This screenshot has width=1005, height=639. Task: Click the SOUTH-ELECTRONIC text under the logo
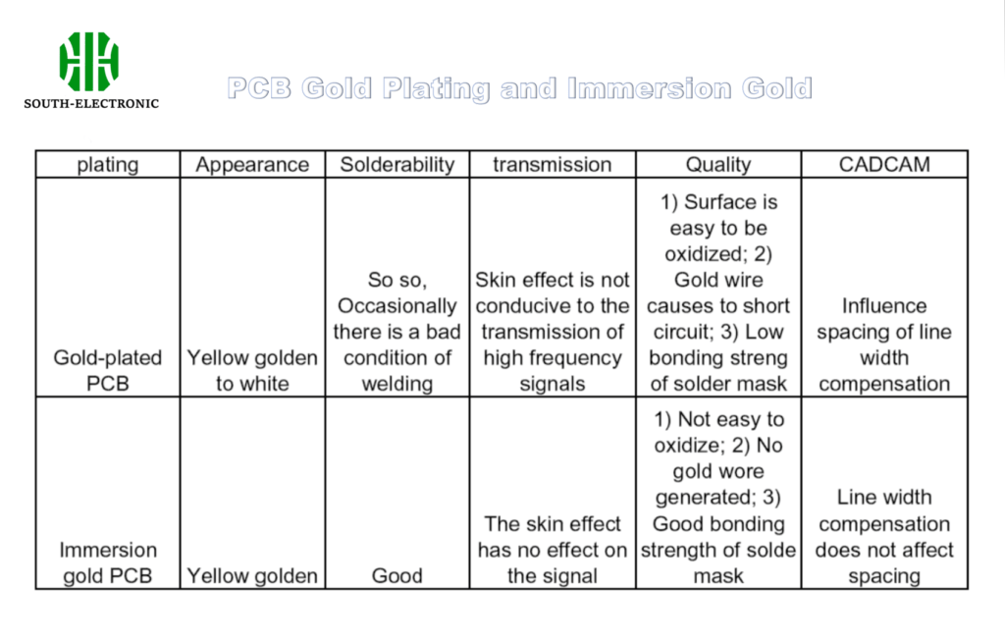[x=91, y=103]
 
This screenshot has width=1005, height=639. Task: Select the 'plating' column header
[x=108, y=165]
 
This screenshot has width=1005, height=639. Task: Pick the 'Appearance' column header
[x=252, y=165]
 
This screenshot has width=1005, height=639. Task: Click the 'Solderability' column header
[x=397, y=165]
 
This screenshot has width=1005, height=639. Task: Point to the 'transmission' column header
[x=552, y=165]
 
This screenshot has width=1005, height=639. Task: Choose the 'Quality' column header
[x=718, y=165]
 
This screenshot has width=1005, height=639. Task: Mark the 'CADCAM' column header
[x=884, y=165]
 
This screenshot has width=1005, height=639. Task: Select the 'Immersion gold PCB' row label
[x=108, y=562]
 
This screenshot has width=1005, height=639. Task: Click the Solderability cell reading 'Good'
[x=397, y=576]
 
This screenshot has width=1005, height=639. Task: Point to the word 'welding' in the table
[x=397, y=384]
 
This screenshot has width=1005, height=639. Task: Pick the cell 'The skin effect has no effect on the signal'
[x=552, y=550]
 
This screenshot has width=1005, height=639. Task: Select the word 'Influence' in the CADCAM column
[x=884, y=306]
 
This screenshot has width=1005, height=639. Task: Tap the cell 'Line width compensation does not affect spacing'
[x=884, y=537]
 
